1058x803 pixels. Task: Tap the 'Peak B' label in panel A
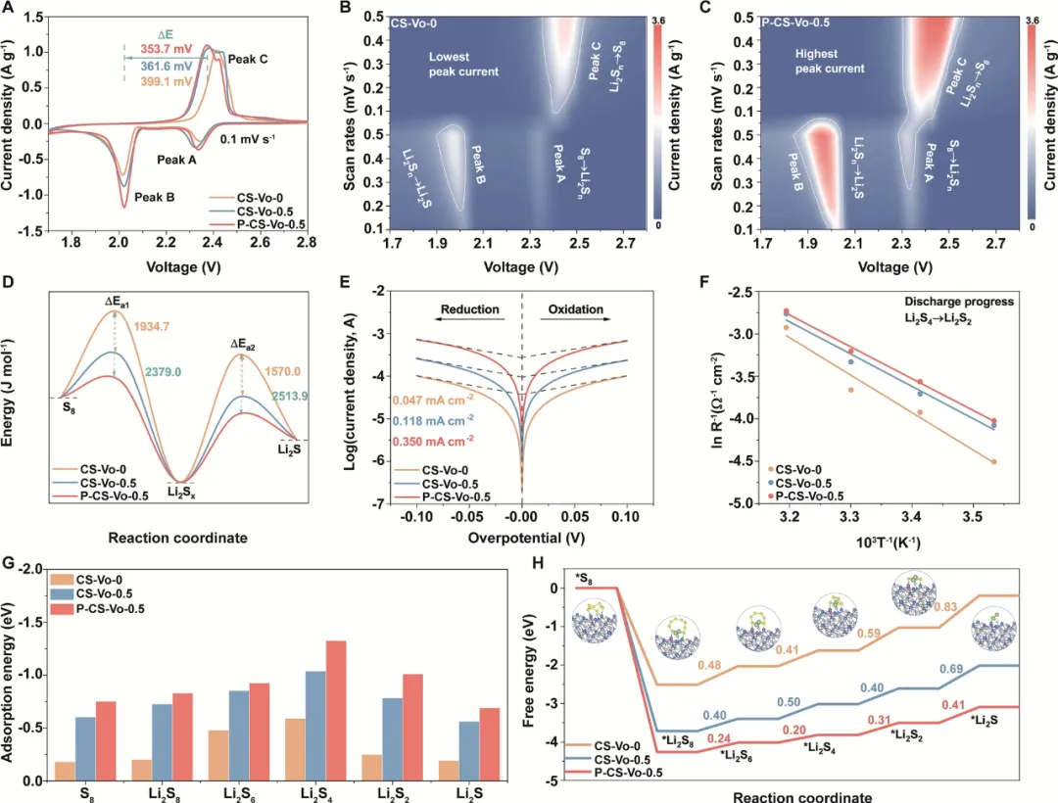154,197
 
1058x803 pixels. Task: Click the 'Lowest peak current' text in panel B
463,65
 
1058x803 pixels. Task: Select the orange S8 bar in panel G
66,771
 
